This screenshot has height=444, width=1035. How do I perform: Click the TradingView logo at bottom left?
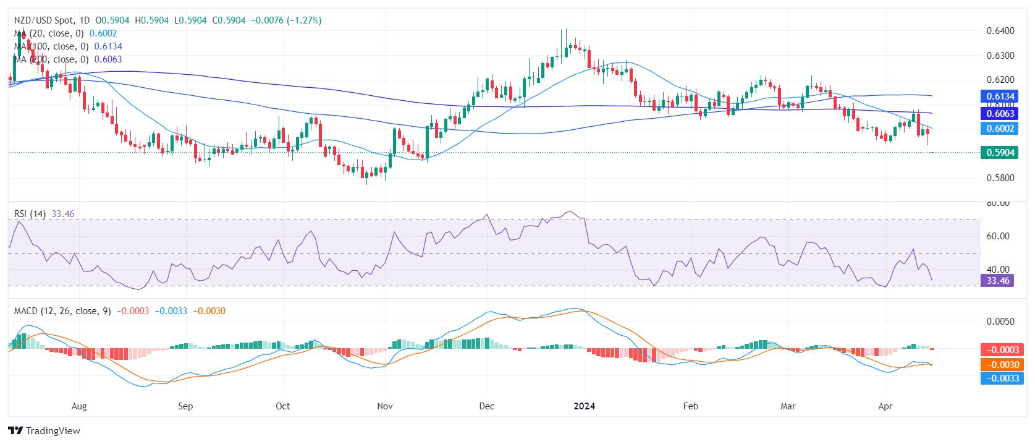[44, 431]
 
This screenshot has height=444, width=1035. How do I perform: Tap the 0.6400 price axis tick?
[1000, 31]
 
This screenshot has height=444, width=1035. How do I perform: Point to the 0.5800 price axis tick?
[1000, 178]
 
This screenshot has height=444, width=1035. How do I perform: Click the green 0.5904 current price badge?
[999, 153]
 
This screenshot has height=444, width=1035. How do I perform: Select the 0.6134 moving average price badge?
[999, 96]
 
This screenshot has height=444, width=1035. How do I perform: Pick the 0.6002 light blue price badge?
[999, 129]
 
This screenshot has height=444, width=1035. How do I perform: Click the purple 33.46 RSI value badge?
[997, 281]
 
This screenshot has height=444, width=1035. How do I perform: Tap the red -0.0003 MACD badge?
[1002, 350]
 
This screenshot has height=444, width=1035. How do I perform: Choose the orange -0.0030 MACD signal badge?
[1002, 365]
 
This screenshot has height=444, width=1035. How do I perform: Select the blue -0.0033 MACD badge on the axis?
[1002, 378]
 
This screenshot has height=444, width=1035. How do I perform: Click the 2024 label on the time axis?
[584, 406]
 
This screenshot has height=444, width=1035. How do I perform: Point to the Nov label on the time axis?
[385, 406]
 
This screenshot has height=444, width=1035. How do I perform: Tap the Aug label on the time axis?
[79, 406]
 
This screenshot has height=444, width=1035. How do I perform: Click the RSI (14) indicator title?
[30, 214]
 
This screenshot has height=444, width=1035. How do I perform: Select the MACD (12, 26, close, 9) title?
[62, 311]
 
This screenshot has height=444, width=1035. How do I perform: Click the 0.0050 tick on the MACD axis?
[1000, 322]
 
